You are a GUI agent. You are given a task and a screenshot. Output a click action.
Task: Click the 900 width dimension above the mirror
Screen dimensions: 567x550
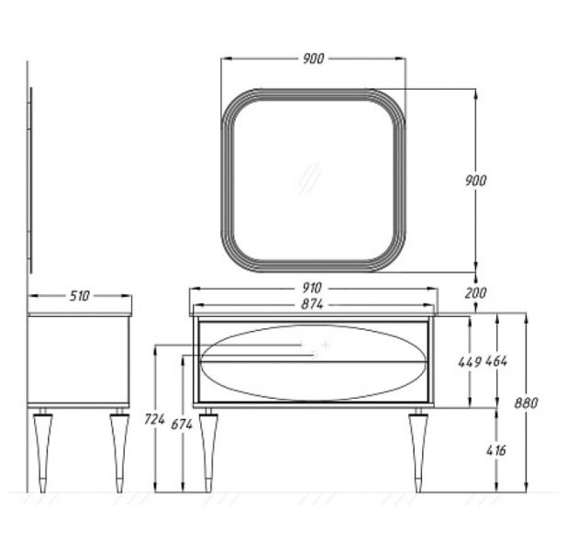click(x=313, y=59)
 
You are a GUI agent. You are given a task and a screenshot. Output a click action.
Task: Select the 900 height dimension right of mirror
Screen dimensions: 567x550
click(x=475, y=181)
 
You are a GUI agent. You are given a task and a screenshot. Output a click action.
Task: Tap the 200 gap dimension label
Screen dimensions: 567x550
click(x=475, y=292)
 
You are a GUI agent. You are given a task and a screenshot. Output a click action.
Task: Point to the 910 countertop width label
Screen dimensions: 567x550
click(x=312, y=288)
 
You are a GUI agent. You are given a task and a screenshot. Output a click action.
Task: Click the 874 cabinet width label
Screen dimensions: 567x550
click(x=312, y=304)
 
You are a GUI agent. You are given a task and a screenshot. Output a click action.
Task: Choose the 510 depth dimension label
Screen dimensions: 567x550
click(x=79, y=296)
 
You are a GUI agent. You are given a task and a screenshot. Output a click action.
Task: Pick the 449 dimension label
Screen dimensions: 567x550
click(x=470, y=362)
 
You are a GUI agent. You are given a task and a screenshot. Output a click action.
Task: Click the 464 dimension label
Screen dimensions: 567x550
click(x=496, y=360)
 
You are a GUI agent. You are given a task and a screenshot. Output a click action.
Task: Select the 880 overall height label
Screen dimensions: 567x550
click(x=526, y=403)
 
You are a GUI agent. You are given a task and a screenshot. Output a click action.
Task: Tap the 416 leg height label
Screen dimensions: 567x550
click(x=496, y=450)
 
